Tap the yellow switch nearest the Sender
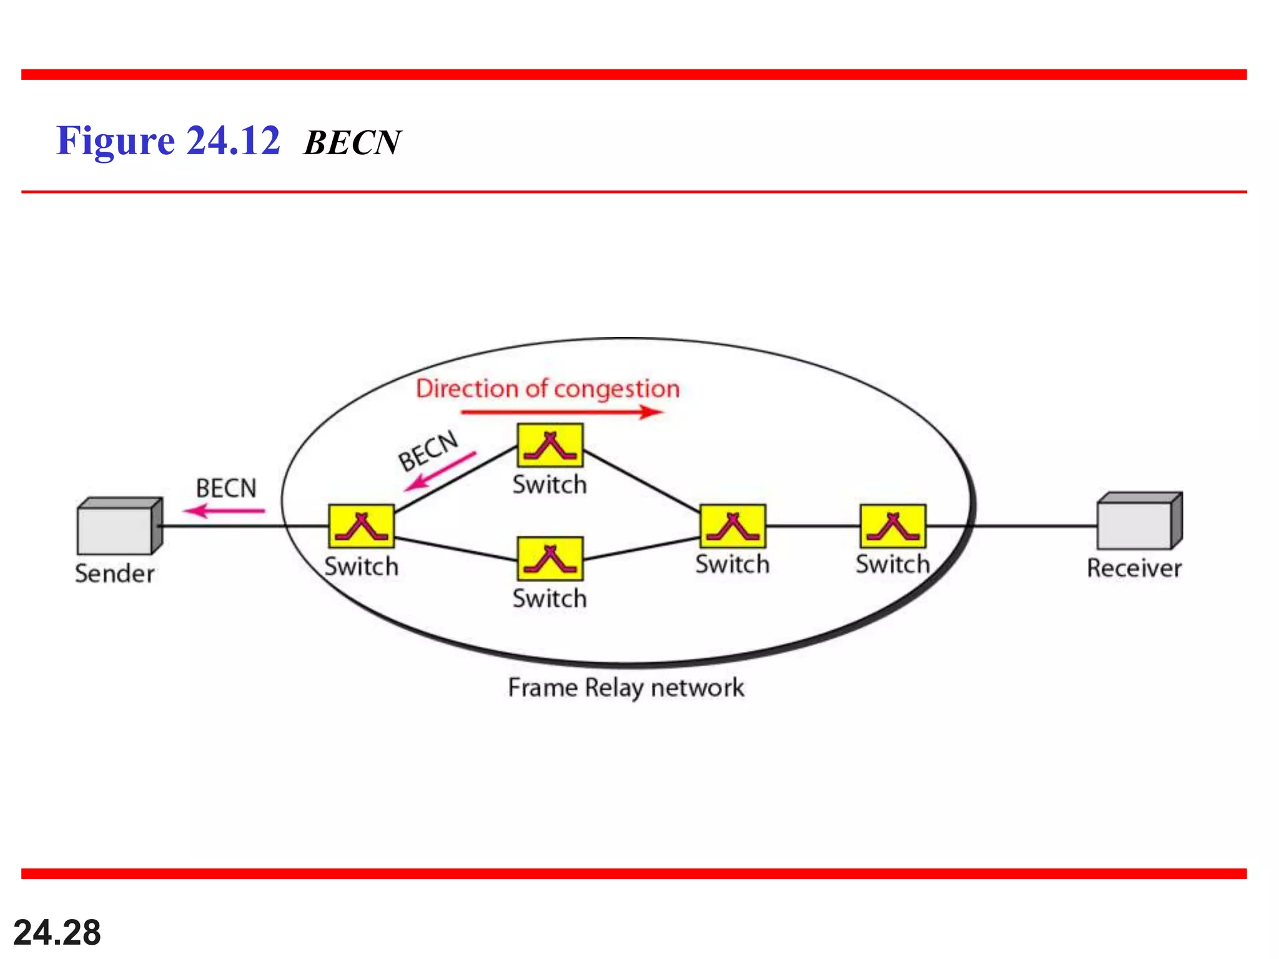click(362, 526)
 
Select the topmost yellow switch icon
click(550, 445)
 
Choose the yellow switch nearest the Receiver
click(893, 526)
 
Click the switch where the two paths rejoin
click(733, 526)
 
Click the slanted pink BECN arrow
click(440, 471)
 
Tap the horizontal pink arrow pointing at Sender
click(224, 511)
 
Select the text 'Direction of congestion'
click(548, 388)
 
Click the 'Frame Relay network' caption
click(626, 688)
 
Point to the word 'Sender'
click(115, 574)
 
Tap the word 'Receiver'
click(1134, 568)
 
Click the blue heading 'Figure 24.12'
click(168, 140)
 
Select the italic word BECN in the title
click(352, 142)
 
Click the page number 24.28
click(57, 933)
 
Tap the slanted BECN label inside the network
click(428, 450)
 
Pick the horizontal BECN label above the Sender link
click(226, 488)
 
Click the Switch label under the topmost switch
click(550, 485)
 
